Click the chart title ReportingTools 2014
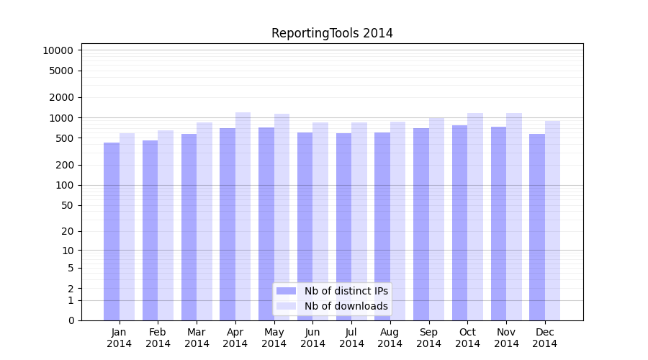point(332,33)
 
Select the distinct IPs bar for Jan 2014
point(112,231)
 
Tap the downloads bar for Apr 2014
point(243,216)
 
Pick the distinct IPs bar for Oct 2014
point(460,222)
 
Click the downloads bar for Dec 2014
point(552,221)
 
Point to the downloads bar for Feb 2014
point(166,225)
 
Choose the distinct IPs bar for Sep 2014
point(421,225)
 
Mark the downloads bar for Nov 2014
point(514,217)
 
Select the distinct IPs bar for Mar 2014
point(189,228)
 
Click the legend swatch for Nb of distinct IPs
point(286,291)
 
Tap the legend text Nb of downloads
point(346,306)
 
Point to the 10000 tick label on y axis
point(58,50)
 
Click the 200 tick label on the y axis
point(64,165)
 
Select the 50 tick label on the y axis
point(67,205)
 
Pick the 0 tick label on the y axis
point(71,320)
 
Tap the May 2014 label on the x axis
point(274,338)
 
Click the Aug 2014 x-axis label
point(390,338)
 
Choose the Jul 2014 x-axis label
point(351,338)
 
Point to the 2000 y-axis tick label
point(61,97)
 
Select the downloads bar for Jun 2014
point(320,221)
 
